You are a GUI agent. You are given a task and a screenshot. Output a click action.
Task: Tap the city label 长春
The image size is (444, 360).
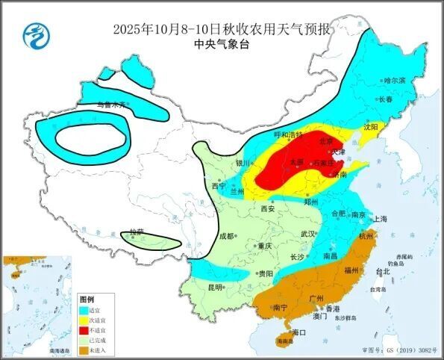[x=385, y=99]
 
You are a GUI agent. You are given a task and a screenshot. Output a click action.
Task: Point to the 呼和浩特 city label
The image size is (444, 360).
[x=288, y=135]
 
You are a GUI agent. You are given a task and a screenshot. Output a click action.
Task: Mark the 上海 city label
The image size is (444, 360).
[x=381, y=219]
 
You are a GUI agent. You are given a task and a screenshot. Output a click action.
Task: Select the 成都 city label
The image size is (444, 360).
[x=227, y=236]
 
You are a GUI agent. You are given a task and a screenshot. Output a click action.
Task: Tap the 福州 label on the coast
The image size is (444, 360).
[x=353, y=270]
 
